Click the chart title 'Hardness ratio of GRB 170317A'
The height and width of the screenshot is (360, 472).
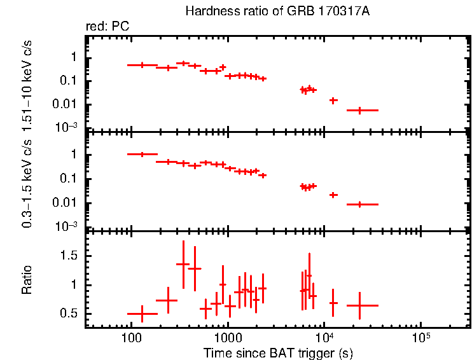coord(277,11)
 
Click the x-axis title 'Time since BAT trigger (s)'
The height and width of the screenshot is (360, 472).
coord(278,352)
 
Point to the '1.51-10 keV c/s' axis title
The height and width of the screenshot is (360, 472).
coord(27,83)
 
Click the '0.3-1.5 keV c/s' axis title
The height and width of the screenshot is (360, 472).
coord(27,181)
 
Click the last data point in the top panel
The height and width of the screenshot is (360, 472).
coord(360,110)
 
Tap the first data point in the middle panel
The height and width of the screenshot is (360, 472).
coord(142,154)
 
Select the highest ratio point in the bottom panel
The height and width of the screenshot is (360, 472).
coord(183,264)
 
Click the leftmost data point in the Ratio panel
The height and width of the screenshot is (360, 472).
coord(142,314)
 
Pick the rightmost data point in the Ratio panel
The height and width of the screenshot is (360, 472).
coord(360,305)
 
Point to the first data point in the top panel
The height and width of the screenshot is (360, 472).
coord(142,65)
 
